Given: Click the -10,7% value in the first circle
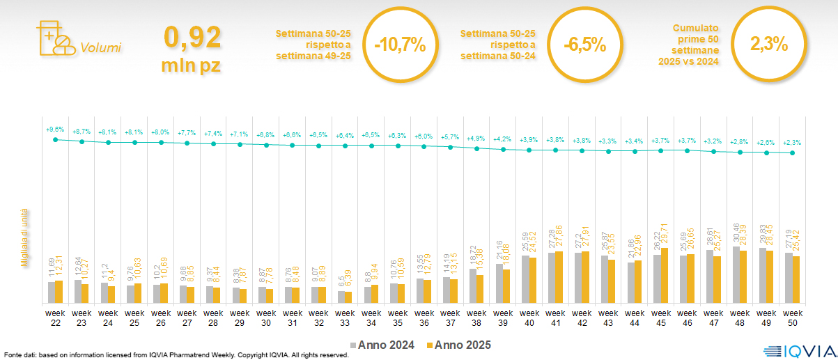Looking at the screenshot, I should (399, 45).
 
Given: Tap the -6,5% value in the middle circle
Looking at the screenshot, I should (584, 45).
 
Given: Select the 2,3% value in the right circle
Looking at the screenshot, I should (768, 45).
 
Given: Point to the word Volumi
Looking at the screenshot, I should (100, 48).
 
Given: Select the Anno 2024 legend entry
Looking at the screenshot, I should (383, 345).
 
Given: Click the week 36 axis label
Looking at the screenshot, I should (424, 318).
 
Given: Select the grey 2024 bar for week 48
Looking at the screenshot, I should (736, 274).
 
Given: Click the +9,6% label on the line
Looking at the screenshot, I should (55, 130).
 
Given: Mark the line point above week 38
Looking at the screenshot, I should (476, 148).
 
